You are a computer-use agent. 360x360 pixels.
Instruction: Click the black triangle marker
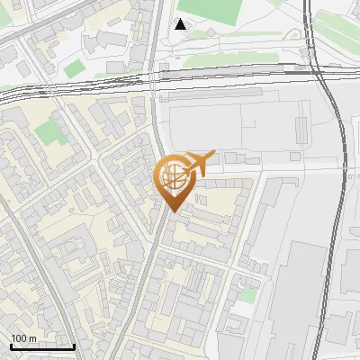181,24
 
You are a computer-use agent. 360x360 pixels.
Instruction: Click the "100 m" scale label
23,338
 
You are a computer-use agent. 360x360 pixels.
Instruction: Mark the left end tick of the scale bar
10,345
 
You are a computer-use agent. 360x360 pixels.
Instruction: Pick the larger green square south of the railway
49,132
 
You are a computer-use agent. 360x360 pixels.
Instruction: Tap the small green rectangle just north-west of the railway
74,67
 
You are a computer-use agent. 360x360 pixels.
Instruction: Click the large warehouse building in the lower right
301,288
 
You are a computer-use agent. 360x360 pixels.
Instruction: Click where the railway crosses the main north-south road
156,79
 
